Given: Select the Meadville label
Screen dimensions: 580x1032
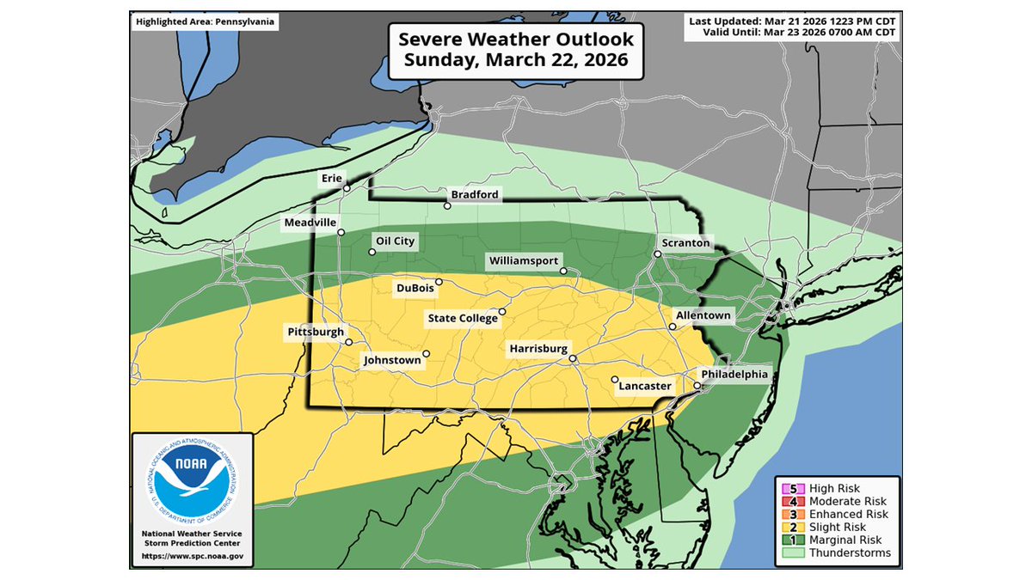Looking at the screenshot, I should [x=310, y=223].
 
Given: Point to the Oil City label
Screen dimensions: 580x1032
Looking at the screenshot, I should [x=396, y=241].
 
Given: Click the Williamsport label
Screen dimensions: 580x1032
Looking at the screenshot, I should [x=524, y=260].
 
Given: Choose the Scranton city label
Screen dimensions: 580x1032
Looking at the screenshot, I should [x=685, y=243].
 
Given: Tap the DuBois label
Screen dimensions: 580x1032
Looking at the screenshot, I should [x=415, y=288].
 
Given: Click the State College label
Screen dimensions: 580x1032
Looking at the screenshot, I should [x=463, y=319].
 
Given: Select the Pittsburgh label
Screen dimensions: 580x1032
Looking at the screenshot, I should [x=316, y=332].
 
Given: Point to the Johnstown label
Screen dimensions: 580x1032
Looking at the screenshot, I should [x=392, y=361].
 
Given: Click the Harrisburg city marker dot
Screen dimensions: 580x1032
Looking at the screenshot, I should [x=573, y=359].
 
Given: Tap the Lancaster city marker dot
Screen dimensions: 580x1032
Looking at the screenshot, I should [x=615, y=379].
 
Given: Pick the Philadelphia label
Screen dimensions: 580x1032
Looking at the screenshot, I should [x=734, y=375].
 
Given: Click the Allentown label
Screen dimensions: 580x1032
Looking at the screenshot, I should [x=703, y=315].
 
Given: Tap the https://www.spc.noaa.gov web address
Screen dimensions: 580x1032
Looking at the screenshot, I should [x=191, y=556].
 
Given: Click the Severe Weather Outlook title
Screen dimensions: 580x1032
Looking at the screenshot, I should [x=516, y=49].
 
